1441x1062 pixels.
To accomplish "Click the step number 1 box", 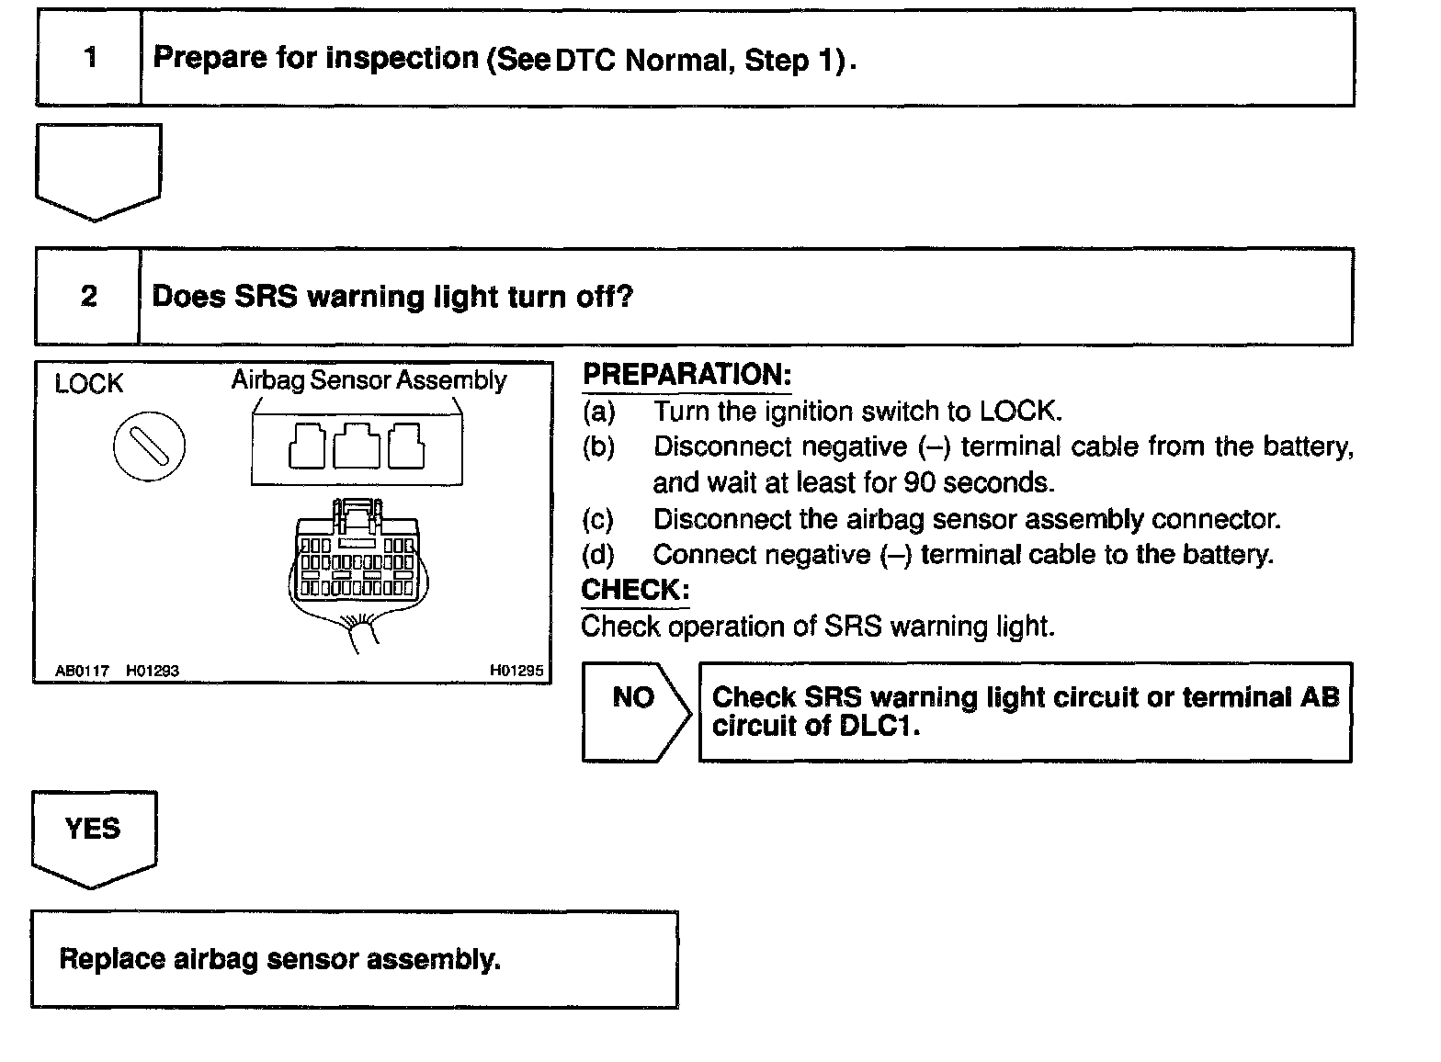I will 89,58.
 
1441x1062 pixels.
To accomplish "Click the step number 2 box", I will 88,297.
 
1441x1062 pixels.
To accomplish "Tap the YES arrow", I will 93,835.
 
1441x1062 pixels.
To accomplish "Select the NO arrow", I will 634,710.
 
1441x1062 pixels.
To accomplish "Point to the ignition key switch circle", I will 149,446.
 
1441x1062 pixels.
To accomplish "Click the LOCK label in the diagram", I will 88,384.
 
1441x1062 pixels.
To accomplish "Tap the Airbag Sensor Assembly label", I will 369,380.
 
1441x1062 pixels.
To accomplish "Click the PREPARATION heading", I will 686,375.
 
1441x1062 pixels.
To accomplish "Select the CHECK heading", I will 635,590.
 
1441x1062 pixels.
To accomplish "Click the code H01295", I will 516,671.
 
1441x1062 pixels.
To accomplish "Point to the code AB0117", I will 82,671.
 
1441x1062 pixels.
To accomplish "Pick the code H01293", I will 153,671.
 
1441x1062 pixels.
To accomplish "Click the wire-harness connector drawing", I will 355,560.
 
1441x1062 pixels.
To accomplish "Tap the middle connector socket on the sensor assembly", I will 357,446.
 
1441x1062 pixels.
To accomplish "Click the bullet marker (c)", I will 598,519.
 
